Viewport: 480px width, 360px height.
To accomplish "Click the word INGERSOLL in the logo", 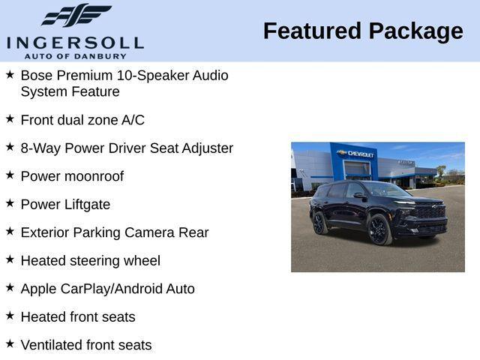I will pyautogui.click(x=75, y=42).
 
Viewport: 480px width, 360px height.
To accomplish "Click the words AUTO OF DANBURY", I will pyautogui.click(x=75, y=56).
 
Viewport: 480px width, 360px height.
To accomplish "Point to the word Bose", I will pyautogui.click(x=37, y=75).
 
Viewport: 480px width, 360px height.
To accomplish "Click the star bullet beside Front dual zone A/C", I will pyautogui.click(x=10, y=118).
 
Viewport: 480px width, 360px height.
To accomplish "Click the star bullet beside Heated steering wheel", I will pyautogui.click(x=10, y=259).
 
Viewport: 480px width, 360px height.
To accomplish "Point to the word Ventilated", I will pyautogui.click(x=52, y=345).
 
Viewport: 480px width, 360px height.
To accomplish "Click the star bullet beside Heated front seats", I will pyautogui.click(x=10, y=316).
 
